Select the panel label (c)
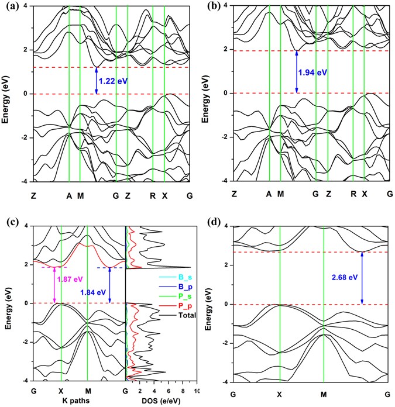[x=10, y=223]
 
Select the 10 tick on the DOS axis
[x=195, y=391]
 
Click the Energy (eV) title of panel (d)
[x=208, y=304]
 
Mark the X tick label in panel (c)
[x=60, y=391]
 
